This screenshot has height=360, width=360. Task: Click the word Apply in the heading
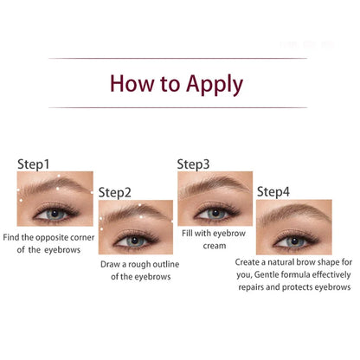[210, 85]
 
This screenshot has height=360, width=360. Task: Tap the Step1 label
[34, 163]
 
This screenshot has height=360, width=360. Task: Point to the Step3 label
[194, 163]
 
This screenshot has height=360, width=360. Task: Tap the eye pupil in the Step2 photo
[130, 241]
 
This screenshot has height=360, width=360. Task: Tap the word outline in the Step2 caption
[170, 263]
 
